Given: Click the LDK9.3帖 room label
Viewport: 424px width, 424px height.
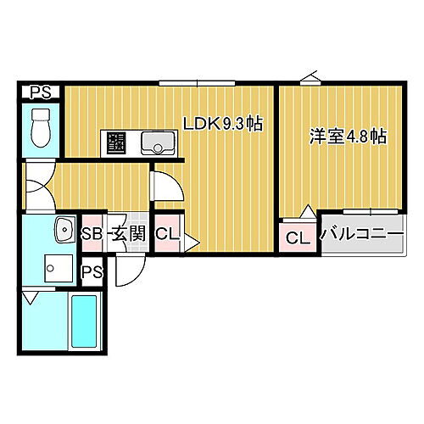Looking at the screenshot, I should [223, 124].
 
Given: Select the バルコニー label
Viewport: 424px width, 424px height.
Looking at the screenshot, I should [360, 236].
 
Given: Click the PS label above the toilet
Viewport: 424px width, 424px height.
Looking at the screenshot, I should [39, 92].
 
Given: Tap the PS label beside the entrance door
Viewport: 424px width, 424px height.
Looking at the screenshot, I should [92, 271].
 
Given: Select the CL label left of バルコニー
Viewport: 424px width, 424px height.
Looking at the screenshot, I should [298, 237].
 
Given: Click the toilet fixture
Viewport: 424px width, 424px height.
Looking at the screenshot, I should [40, 127].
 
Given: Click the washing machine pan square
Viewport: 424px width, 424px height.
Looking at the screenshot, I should [56, 271].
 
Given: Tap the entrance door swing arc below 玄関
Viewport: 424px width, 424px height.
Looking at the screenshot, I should [128, 270].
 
